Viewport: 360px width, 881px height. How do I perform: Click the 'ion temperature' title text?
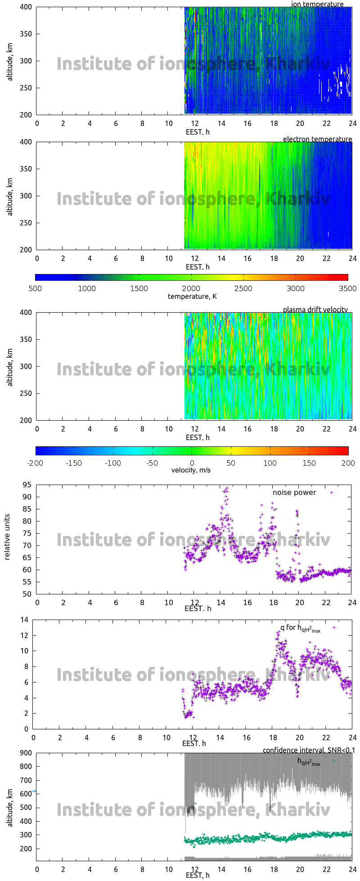click(x=317, y=4)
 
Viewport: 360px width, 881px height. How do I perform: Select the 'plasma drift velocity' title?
click(x=315, y=310)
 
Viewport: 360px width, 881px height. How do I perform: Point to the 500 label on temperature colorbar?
click(x=35, y=288)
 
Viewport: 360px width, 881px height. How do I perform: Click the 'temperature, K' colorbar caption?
click(x=192, y=296)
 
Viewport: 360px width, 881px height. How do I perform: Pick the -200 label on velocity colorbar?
click(x=36, y=463)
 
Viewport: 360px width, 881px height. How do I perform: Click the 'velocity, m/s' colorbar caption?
click(x=191, y=470)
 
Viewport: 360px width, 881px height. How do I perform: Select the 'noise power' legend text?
click(x=294, y=492)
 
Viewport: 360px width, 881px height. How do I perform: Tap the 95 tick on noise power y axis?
click(x=27, y=485)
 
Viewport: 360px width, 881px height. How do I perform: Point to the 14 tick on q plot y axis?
click(x=24, y=620)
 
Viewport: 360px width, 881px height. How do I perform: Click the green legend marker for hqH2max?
click(x=334, y=760)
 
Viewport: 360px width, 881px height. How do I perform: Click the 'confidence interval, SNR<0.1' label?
click(x=309, y=750)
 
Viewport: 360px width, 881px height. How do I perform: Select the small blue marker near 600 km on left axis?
click(x=34, y=791)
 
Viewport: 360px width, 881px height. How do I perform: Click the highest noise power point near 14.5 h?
click(x=227, y=488)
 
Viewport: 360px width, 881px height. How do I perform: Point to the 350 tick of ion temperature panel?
click(x=26, y=34)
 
